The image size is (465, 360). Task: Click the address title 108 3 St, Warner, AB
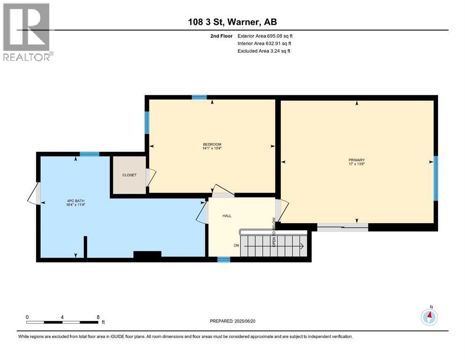coord(232,22)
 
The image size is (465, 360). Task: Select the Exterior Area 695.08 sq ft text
coord(265,36)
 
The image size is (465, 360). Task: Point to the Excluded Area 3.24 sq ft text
coord(264,51)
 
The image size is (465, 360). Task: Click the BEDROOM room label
coord(212,146)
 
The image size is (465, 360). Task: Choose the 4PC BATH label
coord(75,202)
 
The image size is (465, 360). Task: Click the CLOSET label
coord(129,175)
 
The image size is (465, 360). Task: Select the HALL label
coord(227,216)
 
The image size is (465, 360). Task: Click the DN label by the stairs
coord(236,246)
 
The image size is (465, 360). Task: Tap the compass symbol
coord(429,317)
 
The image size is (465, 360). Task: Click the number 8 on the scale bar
coord(98,317)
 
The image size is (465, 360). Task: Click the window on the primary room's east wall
coord(435,178)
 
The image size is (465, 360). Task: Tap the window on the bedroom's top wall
coord(199,97)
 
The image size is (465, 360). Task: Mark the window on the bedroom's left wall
coord(147,122)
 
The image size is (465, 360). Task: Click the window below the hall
coord(224,259)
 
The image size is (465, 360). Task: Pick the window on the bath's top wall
coord(89,154)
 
